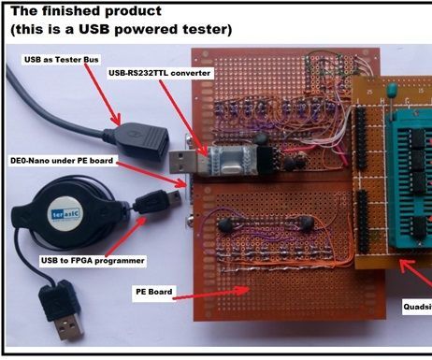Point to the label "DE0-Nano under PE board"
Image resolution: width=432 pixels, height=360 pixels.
click(x=62, y=161)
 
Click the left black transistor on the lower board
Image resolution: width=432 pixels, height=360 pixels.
click(x=226, y=223)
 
